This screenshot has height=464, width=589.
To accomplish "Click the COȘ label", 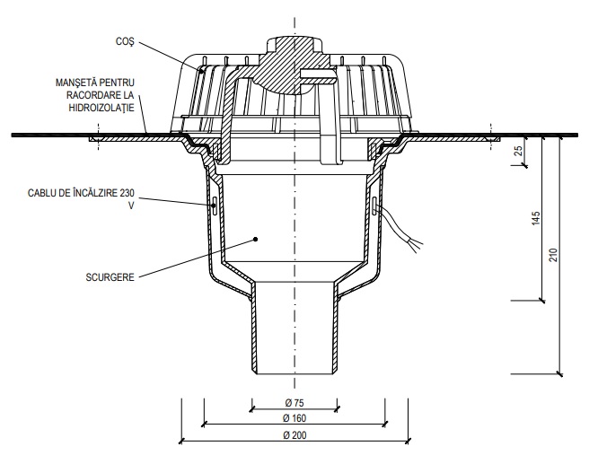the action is click(x=125, y=41).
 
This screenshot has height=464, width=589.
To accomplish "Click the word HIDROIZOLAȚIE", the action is click(x=101, y=108).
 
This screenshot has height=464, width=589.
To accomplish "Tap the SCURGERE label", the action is click(x=110, y=277).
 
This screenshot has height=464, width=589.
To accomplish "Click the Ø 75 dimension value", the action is click(x=294, y=403).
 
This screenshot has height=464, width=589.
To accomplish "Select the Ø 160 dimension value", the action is click(x=294, y=418).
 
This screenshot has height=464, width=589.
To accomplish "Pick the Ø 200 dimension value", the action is click(x=294, y=435).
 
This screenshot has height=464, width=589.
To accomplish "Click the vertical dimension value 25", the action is click(x=518, y=151).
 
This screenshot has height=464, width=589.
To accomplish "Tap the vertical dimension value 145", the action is click(x=536, y=218).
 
